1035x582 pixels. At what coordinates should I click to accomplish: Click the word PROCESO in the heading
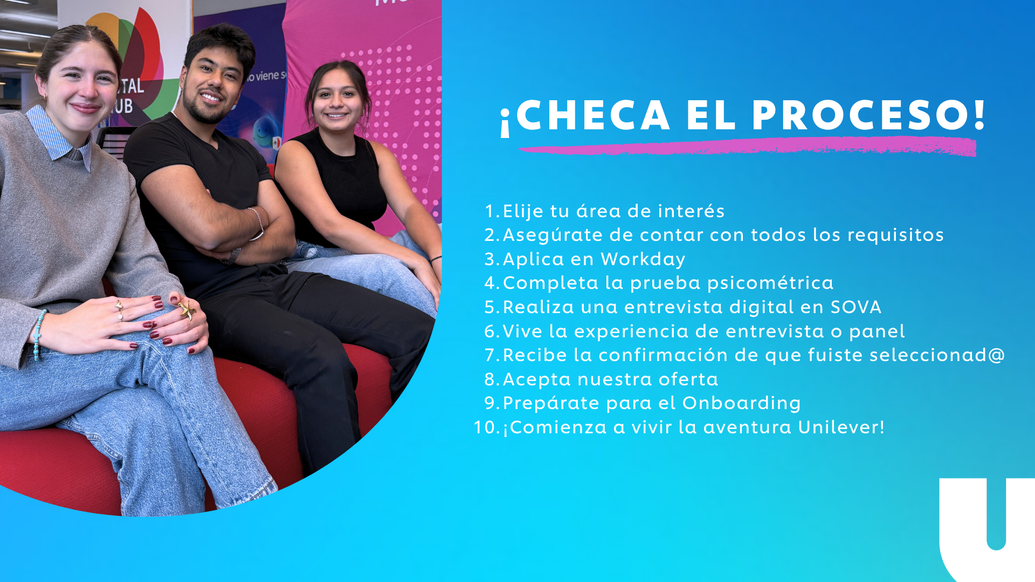click(868, 116)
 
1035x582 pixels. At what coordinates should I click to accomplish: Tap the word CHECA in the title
click(593, 116)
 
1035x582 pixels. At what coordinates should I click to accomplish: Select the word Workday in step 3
click(643, 259)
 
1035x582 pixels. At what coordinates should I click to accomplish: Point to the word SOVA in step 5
click(855, 307)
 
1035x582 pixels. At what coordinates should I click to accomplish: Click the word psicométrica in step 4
click(770, 283)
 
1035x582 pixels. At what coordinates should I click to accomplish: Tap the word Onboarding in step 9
click(741, 403)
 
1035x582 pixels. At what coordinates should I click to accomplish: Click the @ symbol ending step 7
click(997, 355)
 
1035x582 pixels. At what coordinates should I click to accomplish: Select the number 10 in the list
click(485, 427)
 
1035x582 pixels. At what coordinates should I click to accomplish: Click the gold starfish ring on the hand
click(187, 309)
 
